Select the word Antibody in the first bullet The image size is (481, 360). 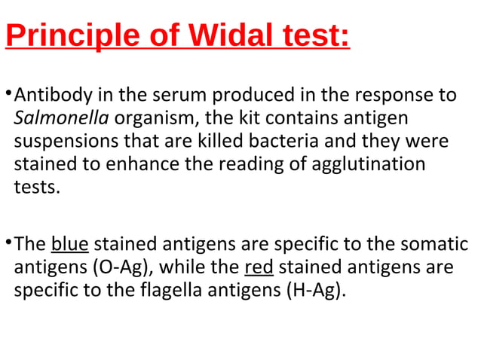[49, 96]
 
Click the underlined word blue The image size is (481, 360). [70, 245]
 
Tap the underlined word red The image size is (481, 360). [259, 267]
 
